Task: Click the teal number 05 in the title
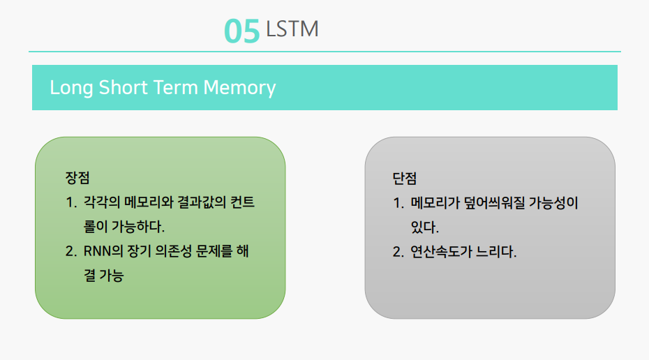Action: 241,31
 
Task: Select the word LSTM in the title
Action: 292,29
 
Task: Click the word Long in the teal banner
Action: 71,88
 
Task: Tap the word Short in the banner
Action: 123,87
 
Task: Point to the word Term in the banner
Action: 175,87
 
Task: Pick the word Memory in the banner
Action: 239,88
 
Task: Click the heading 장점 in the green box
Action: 77,178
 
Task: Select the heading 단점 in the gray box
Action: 404,179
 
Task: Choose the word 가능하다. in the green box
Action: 138,227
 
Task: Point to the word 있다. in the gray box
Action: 425,227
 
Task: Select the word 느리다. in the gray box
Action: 496,252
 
